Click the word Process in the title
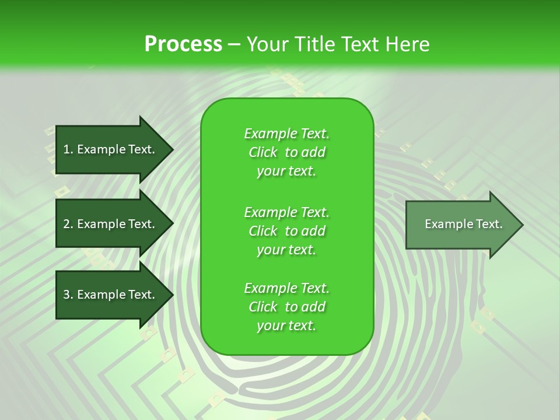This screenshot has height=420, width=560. click(x=183, y=44)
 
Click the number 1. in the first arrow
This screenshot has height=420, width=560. click(x=68, y=149)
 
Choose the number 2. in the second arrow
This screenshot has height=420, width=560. click(x=68, y=224)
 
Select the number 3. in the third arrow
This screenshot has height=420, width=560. click(x=68, y=295)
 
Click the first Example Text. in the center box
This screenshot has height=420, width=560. click(x=286, y=134)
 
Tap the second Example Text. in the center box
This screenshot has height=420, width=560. click(x=286, y=212)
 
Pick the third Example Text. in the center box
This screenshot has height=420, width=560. click(x=286, y=288)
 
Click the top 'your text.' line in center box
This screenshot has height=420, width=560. click(x=286, y=171)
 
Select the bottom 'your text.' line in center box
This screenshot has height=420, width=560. click(x=286, y=326)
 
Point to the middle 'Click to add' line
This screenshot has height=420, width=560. click(x=286, y=231)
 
